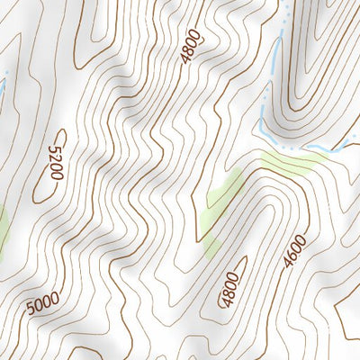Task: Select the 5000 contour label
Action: point(42,305)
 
